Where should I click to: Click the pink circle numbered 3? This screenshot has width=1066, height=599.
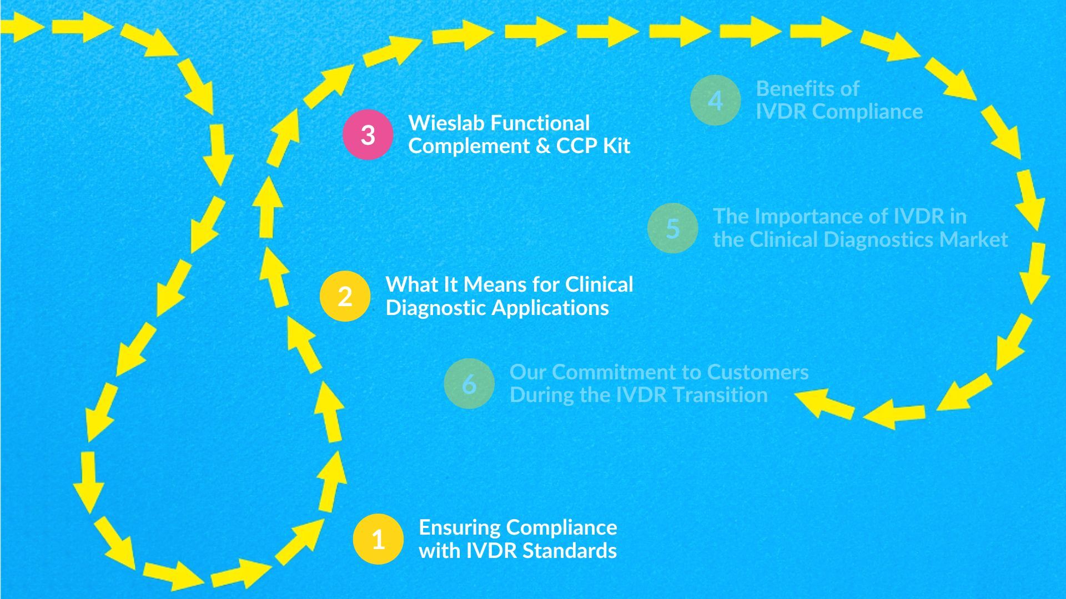[368, 135]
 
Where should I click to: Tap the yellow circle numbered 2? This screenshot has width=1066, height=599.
[345, 296]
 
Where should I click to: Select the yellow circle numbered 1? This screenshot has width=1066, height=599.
[378, 539]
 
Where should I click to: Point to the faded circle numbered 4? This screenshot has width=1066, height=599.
[715, 100]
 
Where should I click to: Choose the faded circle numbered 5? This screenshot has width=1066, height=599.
[672, 228]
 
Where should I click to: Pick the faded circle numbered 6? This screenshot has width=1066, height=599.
[469, 384]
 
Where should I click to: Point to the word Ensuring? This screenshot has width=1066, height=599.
[459, 527]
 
